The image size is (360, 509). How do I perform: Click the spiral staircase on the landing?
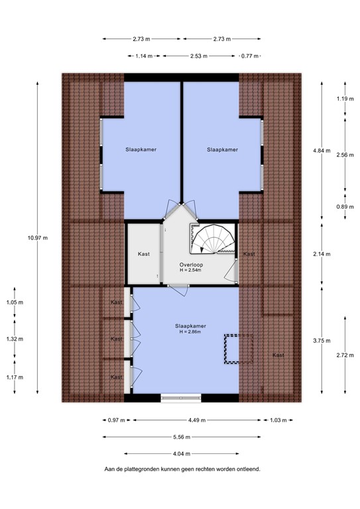pos(213,240)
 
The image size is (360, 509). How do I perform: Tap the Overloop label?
pos(191,264)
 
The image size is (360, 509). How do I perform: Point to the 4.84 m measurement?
pos(321,151)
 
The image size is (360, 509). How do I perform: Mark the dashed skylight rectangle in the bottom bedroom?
pos(239,349)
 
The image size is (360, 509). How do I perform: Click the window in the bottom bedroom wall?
pos(180,398)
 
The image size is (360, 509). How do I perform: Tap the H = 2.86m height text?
pos(189,332)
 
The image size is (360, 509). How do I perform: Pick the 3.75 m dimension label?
pos(321,341)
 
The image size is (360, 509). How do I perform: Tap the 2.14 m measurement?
pos(321,254)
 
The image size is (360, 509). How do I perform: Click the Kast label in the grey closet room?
pos(143,254)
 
